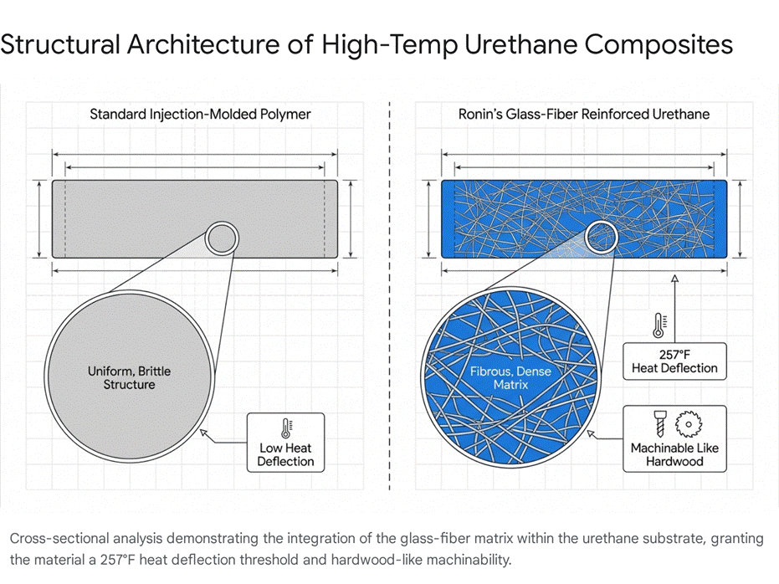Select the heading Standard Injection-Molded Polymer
tap(200, 115)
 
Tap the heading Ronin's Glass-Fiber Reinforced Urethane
tap(584, 115)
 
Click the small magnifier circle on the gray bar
tap(222, 224)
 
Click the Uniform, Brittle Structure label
tap(129, 378)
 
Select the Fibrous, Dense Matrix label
tap(510, 378)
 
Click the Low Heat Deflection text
tap(285, 455)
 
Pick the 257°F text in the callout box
tap(674, 355)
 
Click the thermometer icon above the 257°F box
tap(659, 325)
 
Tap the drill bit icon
tap(659, 423)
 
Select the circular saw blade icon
tap(688, 424)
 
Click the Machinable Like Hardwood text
tap(674, 455)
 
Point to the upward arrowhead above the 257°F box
tap(674, 278)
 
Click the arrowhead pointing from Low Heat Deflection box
tap(202, 433)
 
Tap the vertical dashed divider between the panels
tap(390, 296)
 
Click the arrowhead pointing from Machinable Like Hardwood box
tap(591, 433)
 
